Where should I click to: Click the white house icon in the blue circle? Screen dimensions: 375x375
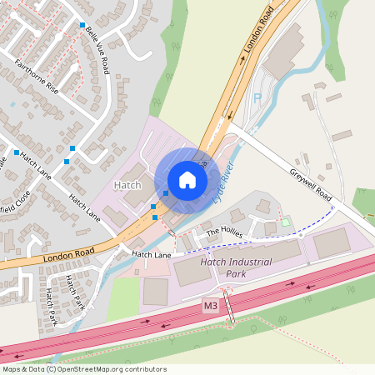(x=187, y=180)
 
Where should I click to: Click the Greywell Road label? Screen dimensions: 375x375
(x=311, y=186)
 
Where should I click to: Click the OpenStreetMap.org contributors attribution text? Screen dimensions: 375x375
(x=112, y=369)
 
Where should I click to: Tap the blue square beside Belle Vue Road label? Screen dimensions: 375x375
(x=82, y=26)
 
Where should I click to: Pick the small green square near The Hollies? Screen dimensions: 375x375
(x=286, y=222)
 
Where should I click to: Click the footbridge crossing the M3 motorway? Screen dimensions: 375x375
(x=232, y=311)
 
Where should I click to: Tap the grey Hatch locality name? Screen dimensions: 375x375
(x=127, y=184)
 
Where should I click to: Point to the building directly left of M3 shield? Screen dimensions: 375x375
(x=156, y=292)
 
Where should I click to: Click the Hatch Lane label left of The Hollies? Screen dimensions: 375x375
(x=151, y=253)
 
